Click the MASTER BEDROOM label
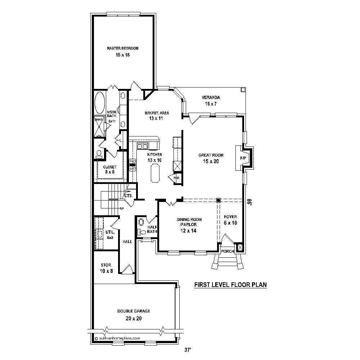[x=122, y=48]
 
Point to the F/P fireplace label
[x=243, y=158]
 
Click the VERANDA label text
[x=211, y=98]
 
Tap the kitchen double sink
[x=142, y=146]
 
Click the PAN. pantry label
[x=177, y=177]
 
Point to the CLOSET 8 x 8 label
[x=109, y=170]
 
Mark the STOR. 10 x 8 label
[x=107, y=268]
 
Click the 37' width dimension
[x=187, y=349]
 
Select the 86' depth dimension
[x=249, y=202]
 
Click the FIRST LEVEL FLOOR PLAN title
[x=230, y=285]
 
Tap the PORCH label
[x=228, y=251]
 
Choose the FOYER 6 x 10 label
[x=230, y=220]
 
